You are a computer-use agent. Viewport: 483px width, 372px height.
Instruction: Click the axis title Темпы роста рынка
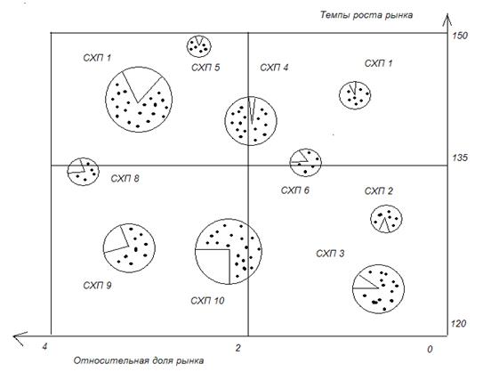tap(366, 15)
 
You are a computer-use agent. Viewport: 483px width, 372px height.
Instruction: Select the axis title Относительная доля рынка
tap(139, 360)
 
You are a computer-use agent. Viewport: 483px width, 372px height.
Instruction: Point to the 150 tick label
tap(460, 36)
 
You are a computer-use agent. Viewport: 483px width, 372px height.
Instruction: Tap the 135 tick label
tap(460, 158)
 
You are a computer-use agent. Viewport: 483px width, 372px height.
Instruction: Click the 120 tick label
tap(458, 324)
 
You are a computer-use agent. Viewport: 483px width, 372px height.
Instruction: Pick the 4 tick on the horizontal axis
tap(45, 347)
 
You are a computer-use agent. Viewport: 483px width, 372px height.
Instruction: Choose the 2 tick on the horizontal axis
tap(237, 348)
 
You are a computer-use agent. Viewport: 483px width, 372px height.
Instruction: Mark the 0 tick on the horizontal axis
tap(430, 349)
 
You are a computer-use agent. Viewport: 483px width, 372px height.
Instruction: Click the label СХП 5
tap(205, 68)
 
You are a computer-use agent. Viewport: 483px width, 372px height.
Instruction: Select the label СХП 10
tap(207, 301)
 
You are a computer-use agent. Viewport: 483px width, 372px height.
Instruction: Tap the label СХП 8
tap(125, 179)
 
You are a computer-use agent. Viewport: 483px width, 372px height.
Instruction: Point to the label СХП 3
tap(330, 254)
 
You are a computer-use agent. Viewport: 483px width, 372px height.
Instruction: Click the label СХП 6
tap(294, 190)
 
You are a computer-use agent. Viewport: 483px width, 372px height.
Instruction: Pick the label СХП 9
tap(97, 286)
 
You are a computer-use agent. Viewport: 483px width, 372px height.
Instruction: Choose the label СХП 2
tap(379, 191)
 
